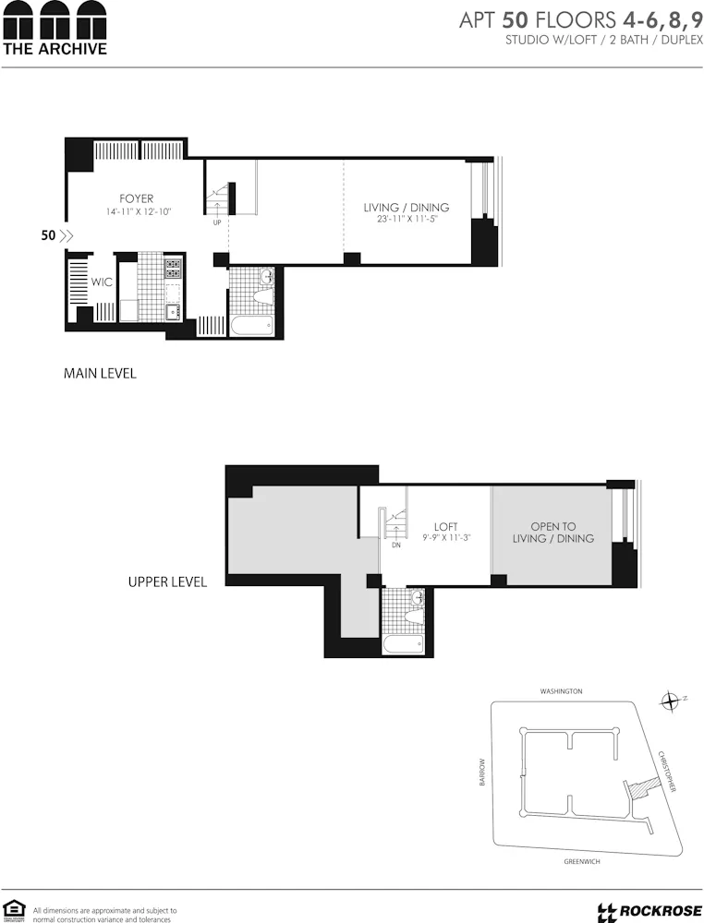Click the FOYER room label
click(x=136, y=199)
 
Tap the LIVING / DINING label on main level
click(x=406, y=208)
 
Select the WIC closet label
click(x=102, y=282)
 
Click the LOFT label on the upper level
click(x=446, y=527)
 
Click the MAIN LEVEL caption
click(x=100, y=374)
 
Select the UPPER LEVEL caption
click(x=167, y=582)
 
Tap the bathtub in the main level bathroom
click(x=251, y=325)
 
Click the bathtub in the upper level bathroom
click(x=403, y=643)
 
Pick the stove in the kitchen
click(x=172, y=269)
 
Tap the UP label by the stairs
click(x=216, y=222)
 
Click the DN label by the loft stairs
click(x=395, y=545)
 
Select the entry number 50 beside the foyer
click(x=48, y=235)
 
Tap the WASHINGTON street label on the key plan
click(x=561, y=691)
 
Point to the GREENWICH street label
click(x=582, y=861)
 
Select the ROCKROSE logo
click(x=644, y=912)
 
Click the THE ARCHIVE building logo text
click(x=55, y=48)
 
